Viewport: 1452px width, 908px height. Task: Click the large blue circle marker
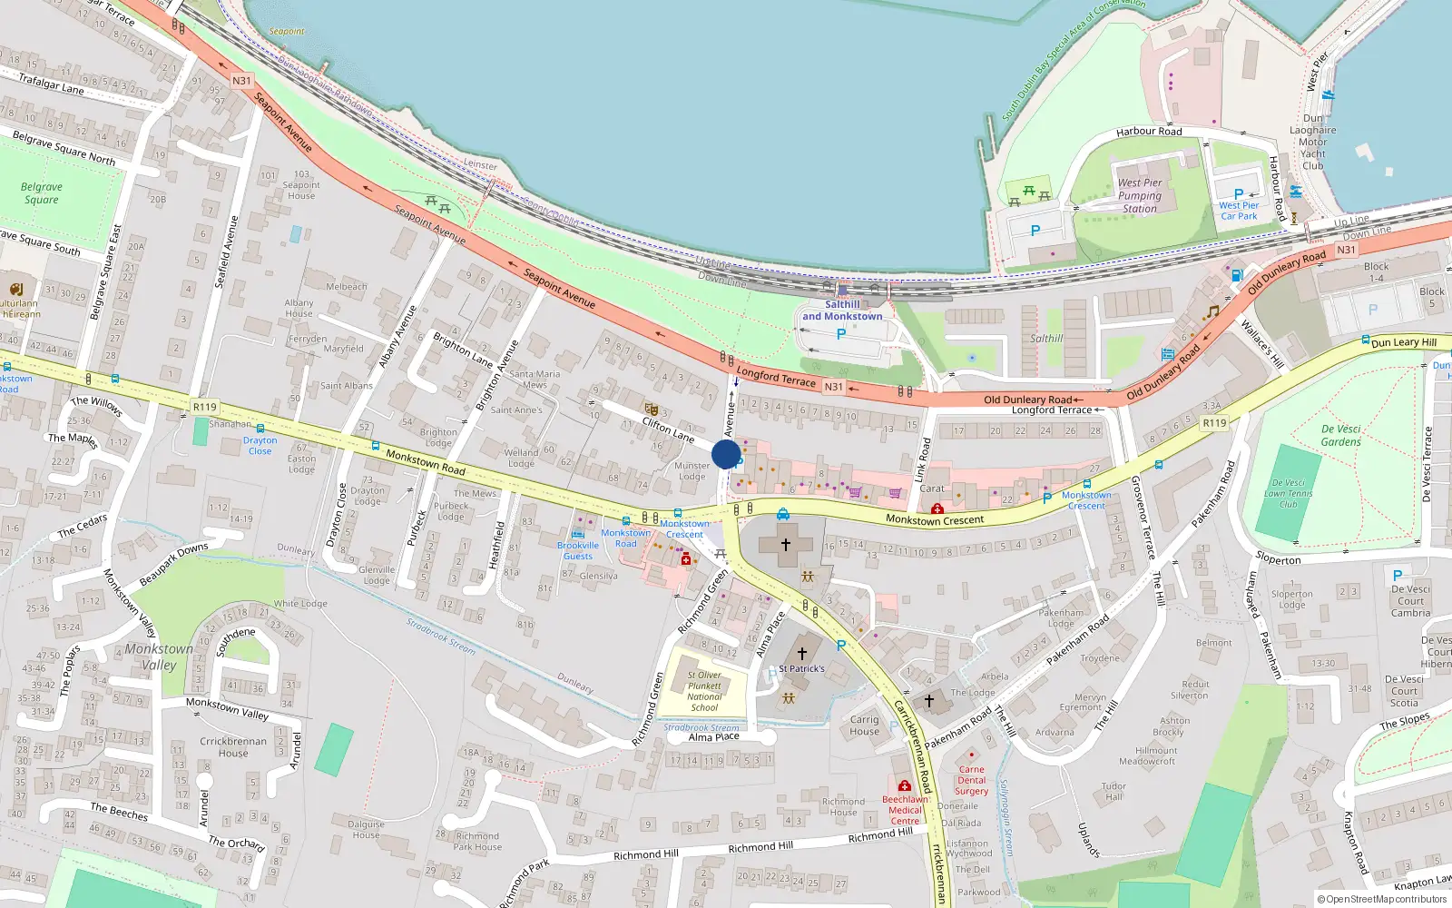[726, 454]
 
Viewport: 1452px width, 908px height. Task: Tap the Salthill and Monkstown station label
[841, 311]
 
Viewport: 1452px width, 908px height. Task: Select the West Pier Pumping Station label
[1140, 195]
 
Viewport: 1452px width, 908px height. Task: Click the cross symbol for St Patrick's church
[802, 653]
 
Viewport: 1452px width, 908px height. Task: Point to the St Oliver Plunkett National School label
[704, 691]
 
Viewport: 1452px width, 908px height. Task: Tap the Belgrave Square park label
[42, 193]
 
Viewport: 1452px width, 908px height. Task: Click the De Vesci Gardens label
[1340, 435]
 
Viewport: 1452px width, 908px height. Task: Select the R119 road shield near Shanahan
[205, 408]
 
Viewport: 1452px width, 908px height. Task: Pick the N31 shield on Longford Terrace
[833, 387]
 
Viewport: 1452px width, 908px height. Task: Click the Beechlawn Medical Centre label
[905, 810]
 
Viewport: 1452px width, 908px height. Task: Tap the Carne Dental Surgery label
[971, 780]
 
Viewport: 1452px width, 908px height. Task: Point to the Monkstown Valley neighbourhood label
[159, 656]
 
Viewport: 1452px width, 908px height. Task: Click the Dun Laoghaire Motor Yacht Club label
[1312, 142]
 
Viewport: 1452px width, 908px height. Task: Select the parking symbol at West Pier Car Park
[1239, 194]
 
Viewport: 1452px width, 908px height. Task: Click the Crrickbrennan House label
[233, 746]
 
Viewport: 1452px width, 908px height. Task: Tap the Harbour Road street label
[1149, 132]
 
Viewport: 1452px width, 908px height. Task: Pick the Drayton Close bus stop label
[260, 445]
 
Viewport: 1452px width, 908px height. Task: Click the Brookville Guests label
[578, 550]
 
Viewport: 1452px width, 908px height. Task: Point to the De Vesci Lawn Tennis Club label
[1288, 493]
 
